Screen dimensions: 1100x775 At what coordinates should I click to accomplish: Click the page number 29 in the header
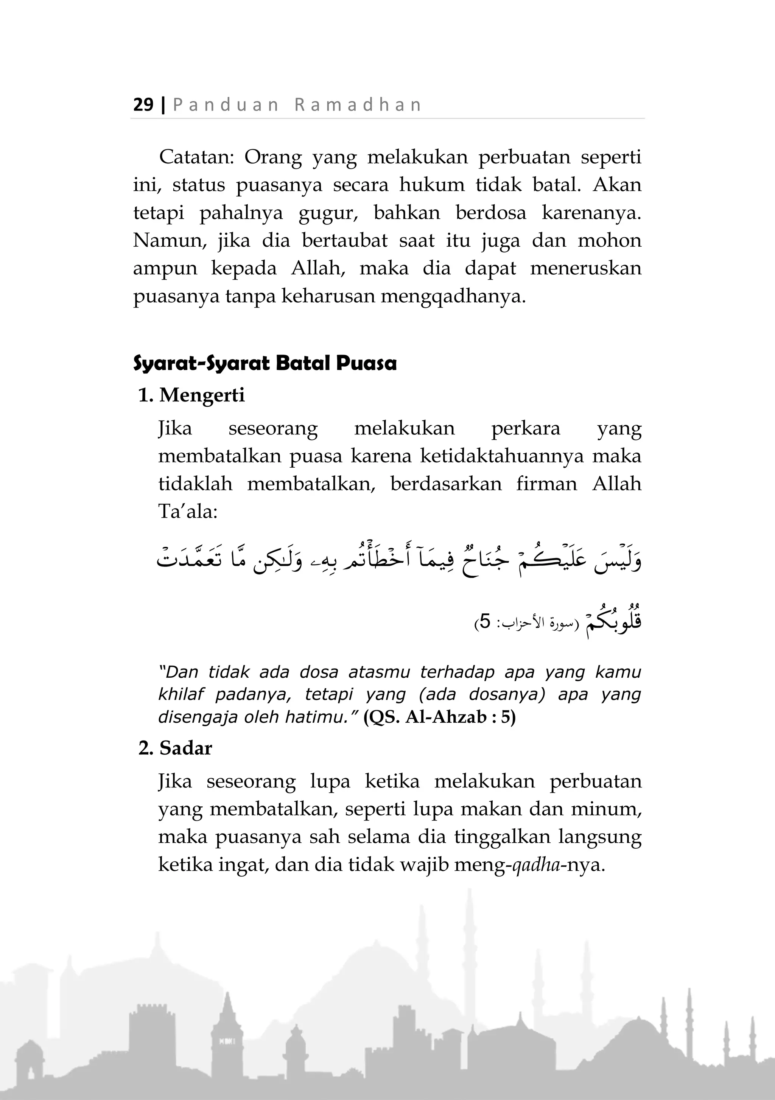click(143, 104)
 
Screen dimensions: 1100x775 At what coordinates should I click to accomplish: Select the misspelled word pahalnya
click(241, 213)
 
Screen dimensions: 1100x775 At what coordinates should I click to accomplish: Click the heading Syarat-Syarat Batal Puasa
click(265, 364)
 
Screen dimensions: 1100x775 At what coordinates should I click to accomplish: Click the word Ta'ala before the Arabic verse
click(188, 512)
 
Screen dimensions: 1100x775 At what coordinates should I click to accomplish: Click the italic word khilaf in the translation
click(181, 694)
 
